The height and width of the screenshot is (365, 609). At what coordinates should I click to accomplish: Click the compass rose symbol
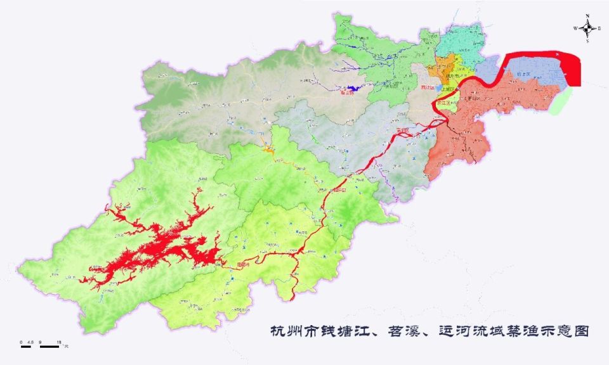click(589, 27)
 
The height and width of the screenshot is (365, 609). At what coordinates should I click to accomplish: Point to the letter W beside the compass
click(575, 28)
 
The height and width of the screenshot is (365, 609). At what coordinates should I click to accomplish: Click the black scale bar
click(41, 346)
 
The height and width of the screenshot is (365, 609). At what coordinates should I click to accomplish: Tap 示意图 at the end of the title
click(567, 331)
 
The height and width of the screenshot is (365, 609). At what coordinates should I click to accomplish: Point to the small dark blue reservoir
click(351, 89)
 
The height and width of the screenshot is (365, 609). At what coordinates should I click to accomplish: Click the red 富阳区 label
click(402, 132)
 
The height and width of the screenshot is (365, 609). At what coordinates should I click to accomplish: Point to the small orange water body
click(268, 150)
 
